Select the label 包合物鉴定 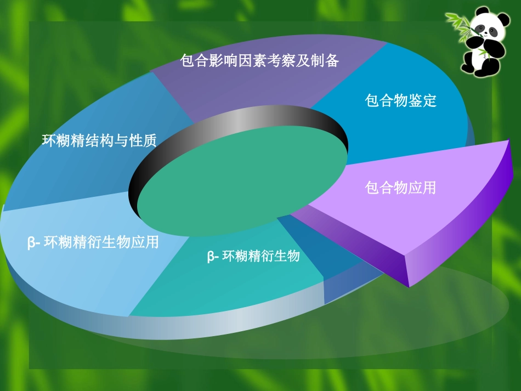click(x=401, y=101)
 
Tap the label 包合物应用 click(x=401, y=188)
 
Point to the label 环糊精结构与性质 click(x=99, y=141)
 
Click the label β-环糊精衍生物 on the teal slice click(x=253, y=256)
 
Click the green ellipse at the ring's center click(x=241, y=175)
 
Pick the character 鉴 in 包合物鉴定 click(x=415, y=101)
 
